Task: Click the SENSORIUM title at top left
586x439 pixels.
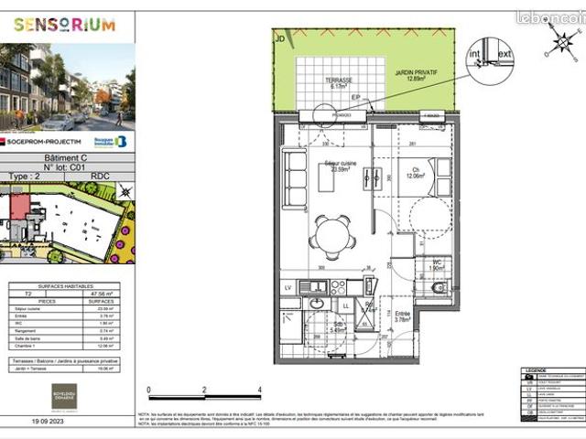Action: tap(65, 25)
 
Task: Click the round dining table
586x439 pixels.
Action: tap(331, 235)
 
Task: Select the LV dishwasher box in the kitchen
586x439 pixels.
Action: tap(288, 287)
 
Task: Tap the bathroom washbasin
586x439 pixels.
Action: tap(317, 304)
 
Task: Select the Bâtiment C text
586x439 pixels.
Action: tap(64, 157)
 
